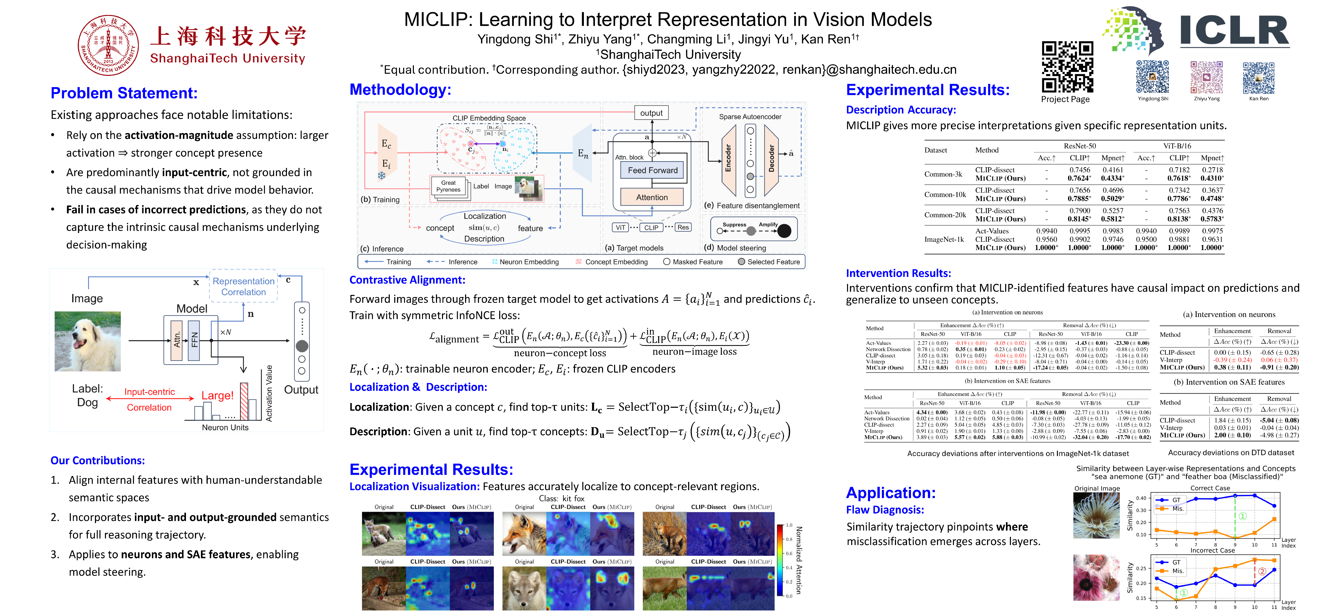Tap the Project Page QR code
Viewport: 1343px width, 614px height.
pyautogui.click(x=1067, y=67)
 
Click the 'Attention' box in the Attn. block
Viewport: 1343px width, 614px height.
pyautogui.click(x=652, y=197)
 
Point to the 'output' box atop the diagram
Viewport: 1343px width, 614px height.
pyautogui.click(x=651, y=113)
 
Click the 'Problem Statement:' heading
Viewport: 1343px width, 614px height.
pyautogui.click(x=124, y=93)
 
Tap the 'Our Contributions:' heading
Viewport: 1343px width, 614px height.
pyautogui.click(x=98, y=460)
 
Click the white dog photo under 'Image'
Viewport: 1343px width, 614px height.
pyautogui.click(x=88, y=341)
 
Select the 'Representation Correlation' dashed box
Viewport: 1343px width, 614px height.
pyautogui.click(x=243, y=286)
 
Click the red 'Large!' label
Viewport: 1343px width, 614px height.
pyautogui.click(x=217, y=395)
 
